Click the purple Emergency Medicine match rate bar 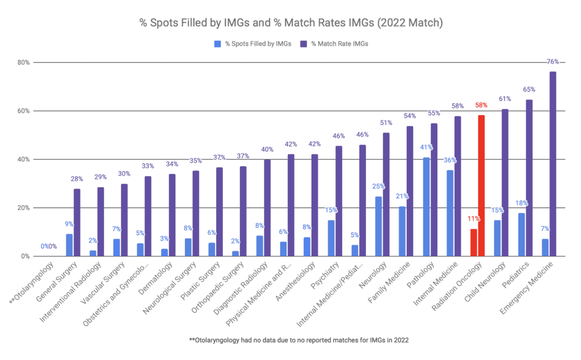552,165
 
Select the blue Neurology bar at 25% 378,227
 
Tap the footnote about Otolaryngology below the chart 290,340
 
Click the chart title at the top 290,23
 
